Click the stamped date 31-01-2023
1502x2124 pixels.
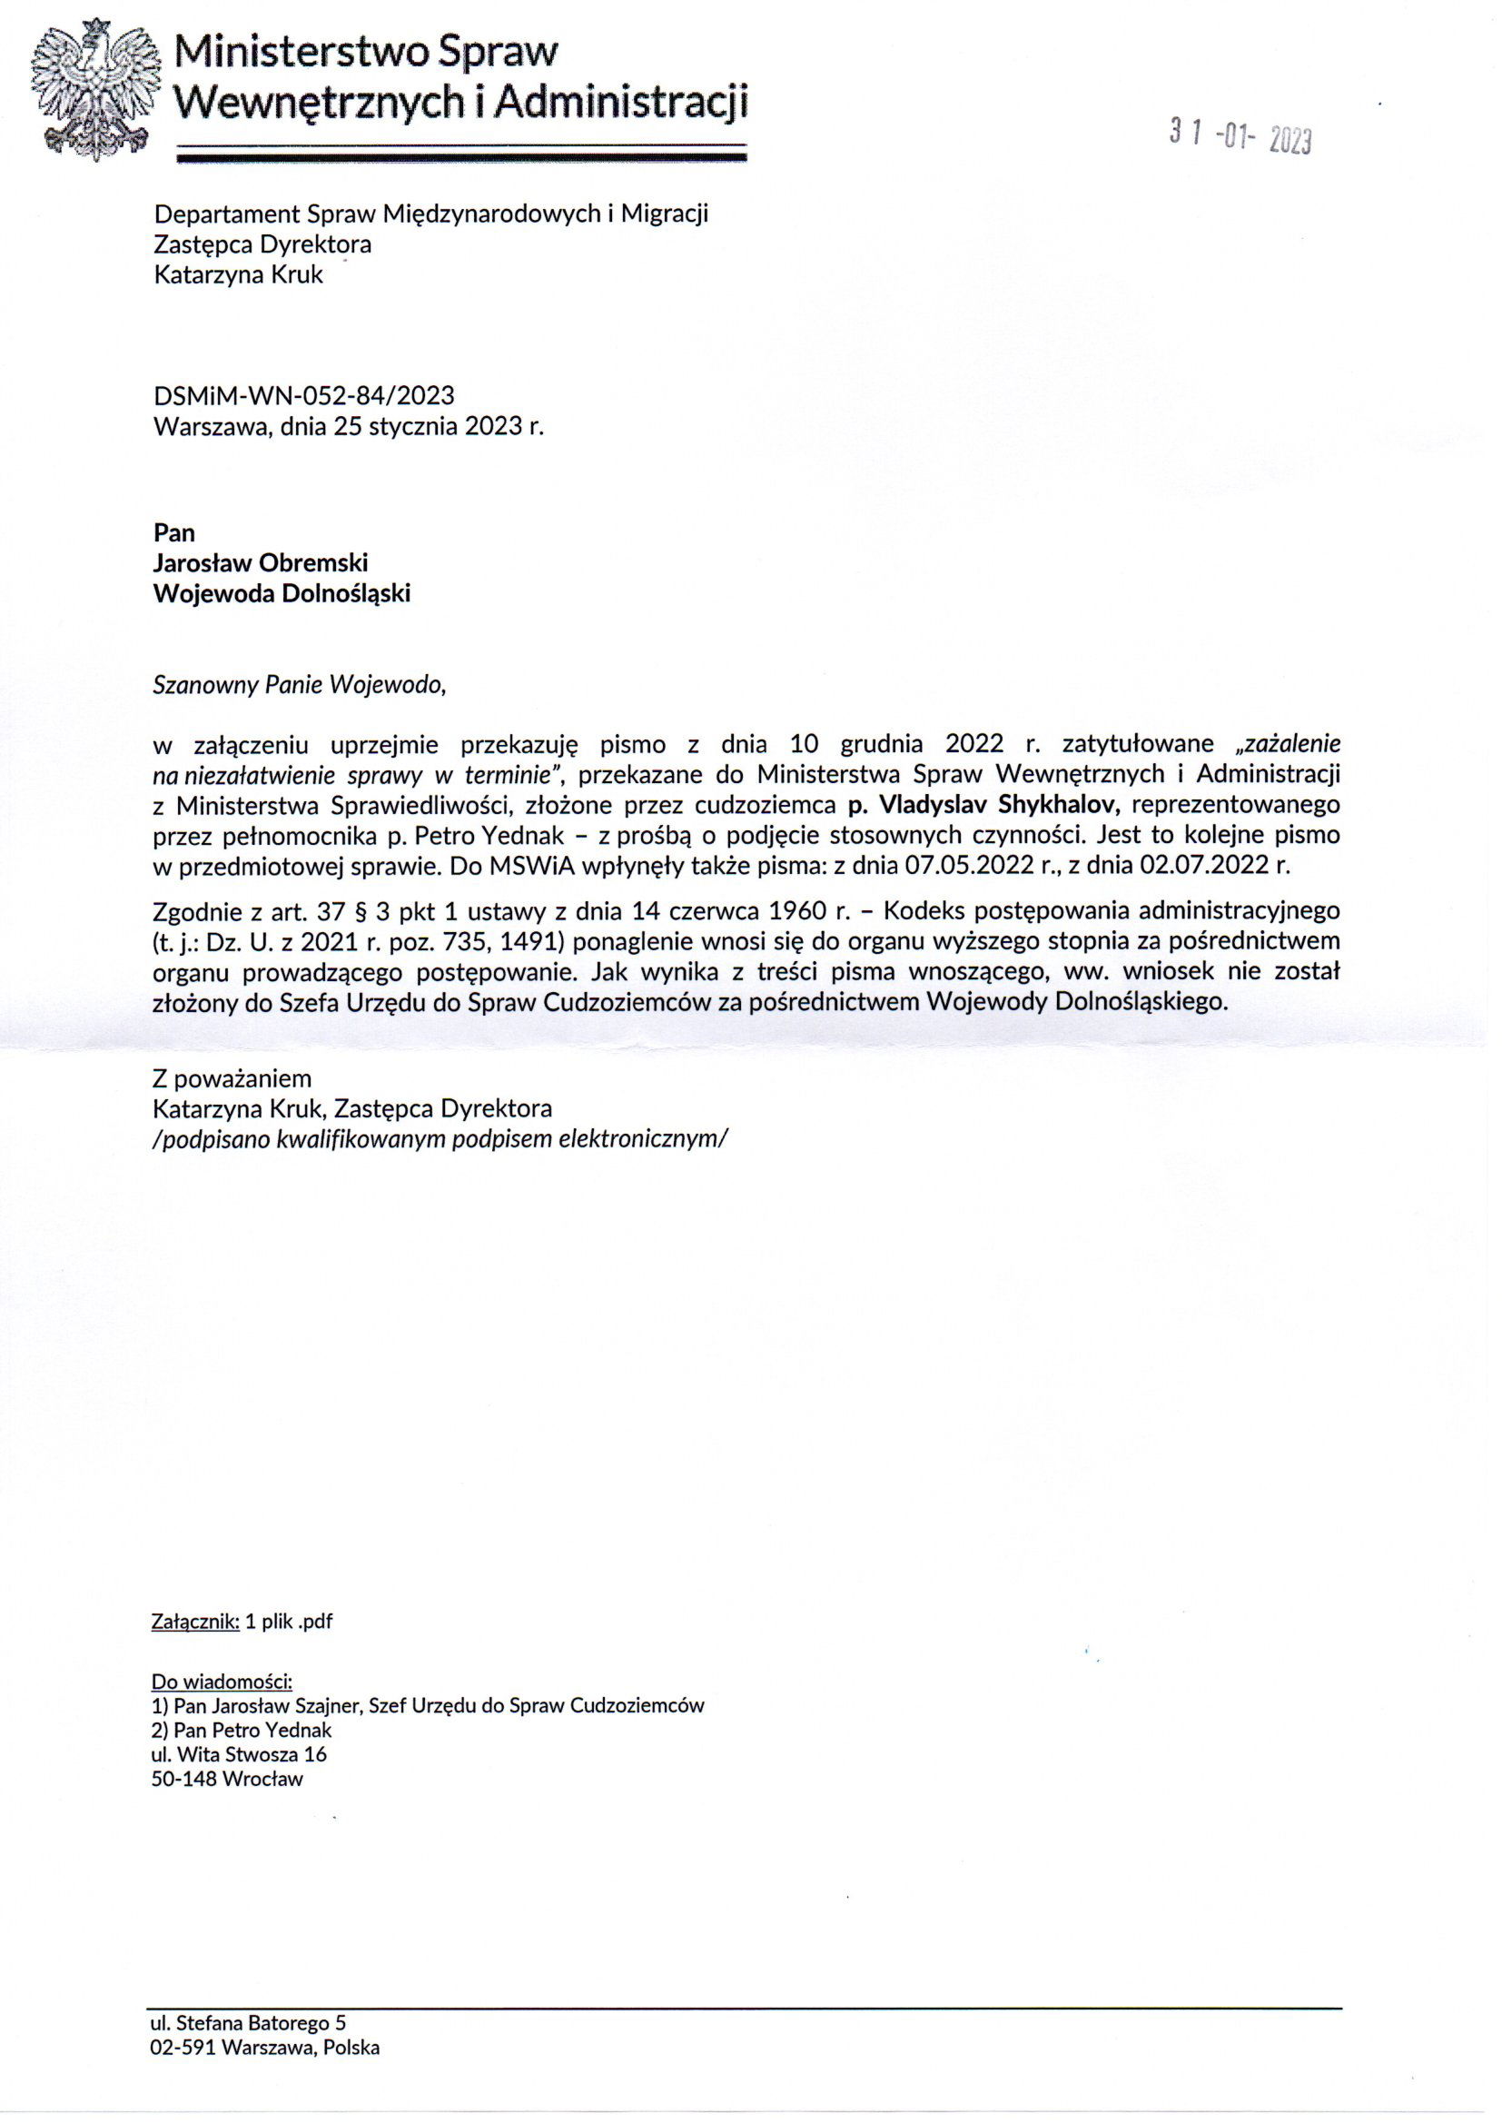pos(1240,137)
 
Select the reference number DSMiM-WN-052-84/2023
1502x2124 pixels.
pos(303,396)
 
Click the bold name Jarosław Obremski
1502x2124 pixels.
pos(261,562)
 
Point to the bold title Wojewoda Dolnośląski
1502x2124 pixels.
pos(282,593)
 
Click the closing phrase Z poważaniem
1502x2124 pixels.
pos(232,1078)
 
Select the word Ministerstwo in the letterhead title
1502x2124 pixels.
pos(301,53)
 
